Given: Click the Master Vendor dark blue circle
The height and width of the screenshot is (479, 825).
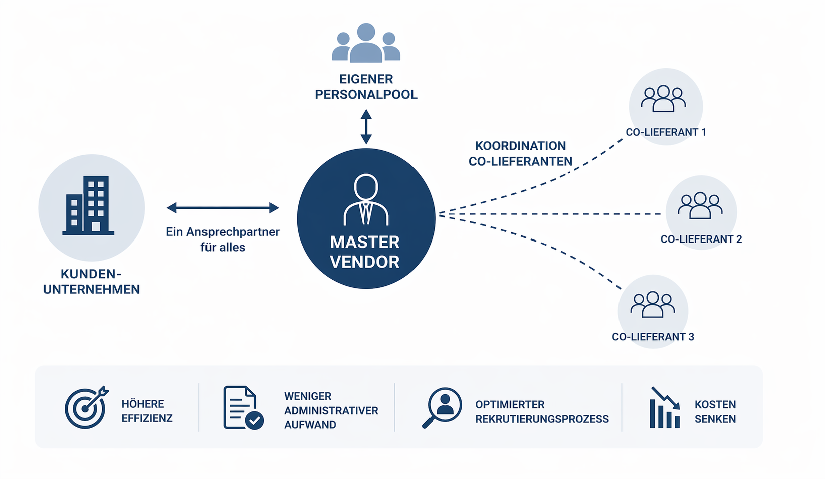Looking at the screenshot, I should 366,218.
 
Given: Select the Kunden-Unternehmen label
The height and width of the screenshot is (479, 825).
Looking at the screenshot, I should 91,282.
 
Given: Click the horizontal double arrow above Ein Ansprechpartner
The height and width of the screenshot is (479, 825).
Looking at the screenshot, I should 223,208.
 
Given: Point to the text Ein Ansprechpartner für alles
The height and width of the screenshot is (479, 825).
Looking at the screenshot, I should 223,239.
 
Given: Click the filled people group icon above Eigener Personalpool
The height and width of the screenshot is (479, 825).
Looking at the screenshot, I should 366,44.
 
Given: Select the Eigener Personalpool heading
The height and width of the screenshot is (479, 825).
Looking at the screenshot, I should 366,87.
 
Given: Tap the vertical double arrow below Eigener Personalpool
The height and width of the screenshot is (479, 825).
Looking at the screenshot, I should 366,127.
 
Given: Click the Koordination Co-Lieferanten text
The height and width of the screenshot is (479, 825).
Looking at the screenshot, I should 520,153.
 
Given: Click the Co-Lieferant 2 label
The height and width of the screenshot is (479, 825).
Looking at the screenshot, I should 701,239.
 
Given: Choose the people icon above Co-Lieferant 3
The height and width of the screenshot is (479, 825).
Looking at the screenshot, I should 652,304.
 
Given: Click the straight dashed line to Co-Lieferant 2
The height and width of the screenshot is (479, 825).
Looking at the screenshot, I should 551,214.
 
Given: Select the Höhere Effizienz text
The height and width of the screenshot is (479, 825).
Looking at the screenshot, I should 147,411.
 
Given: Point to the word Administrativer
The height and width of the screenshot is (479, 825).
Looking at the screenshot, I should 331,410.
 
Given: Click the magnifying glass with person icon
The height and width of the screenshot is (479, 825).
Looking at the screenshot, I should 442,407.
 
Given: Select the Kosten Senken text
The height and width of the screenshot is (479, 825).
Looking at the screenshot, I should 715,411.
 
